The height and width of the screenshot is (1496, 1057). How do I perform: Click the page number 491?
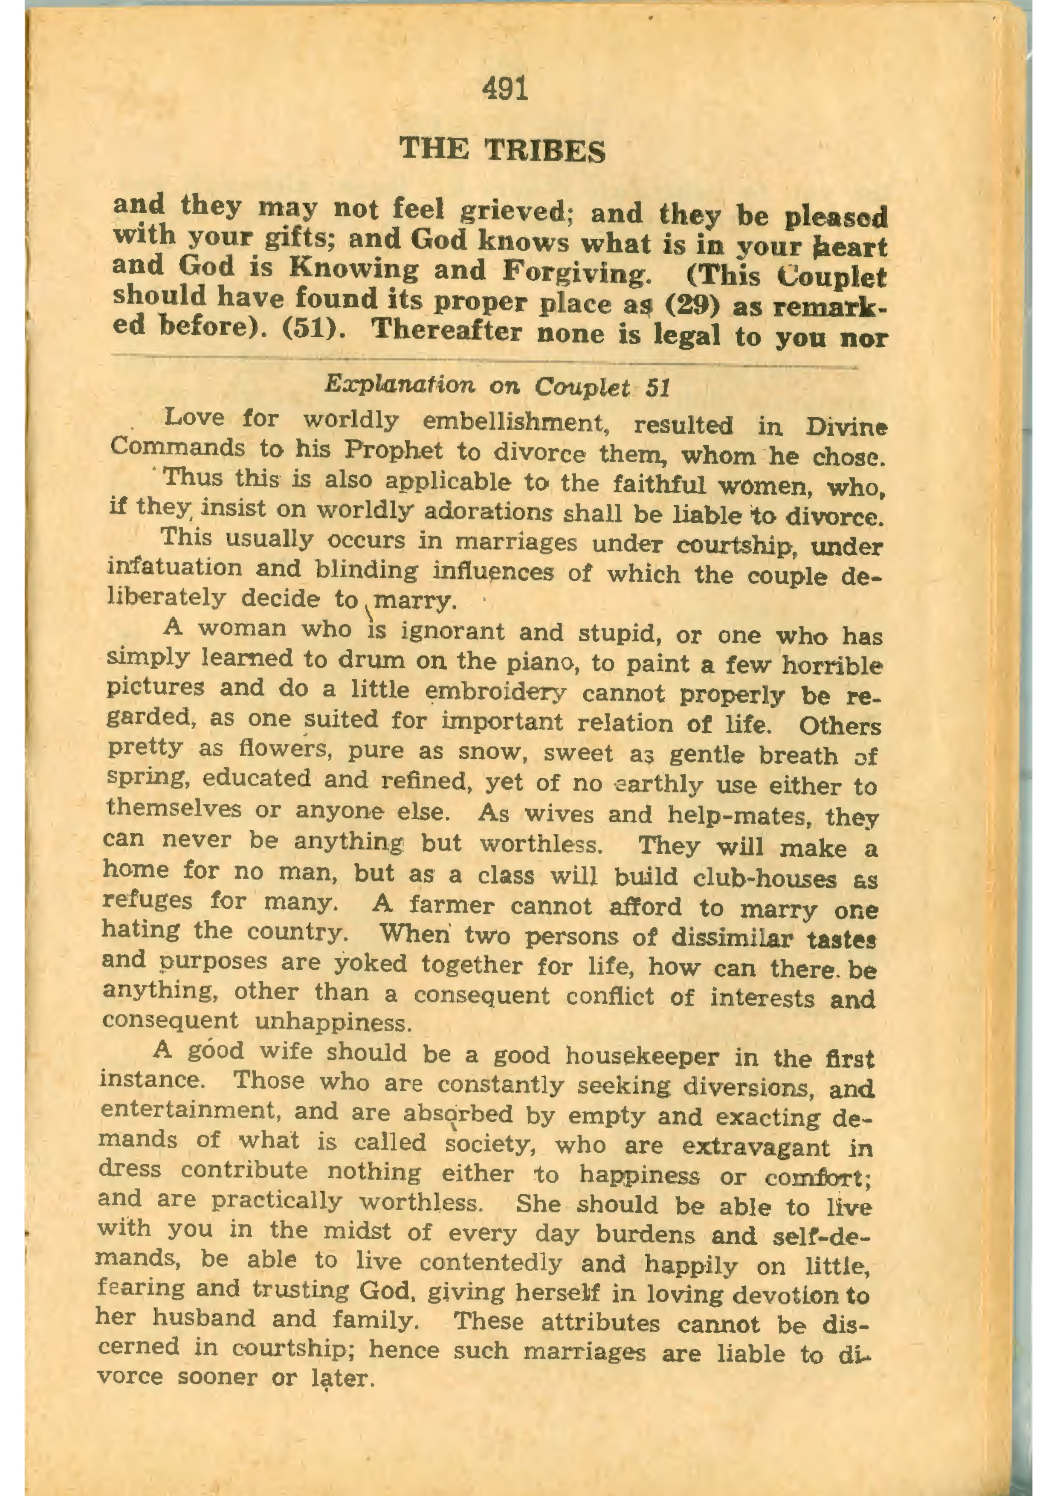pos(505,89)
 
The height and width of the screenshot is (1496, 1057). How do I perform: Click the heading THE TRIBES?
pos(502,150)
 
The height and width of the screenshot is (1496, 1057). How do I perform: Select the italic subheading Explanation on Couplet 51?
pos(497,386)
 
